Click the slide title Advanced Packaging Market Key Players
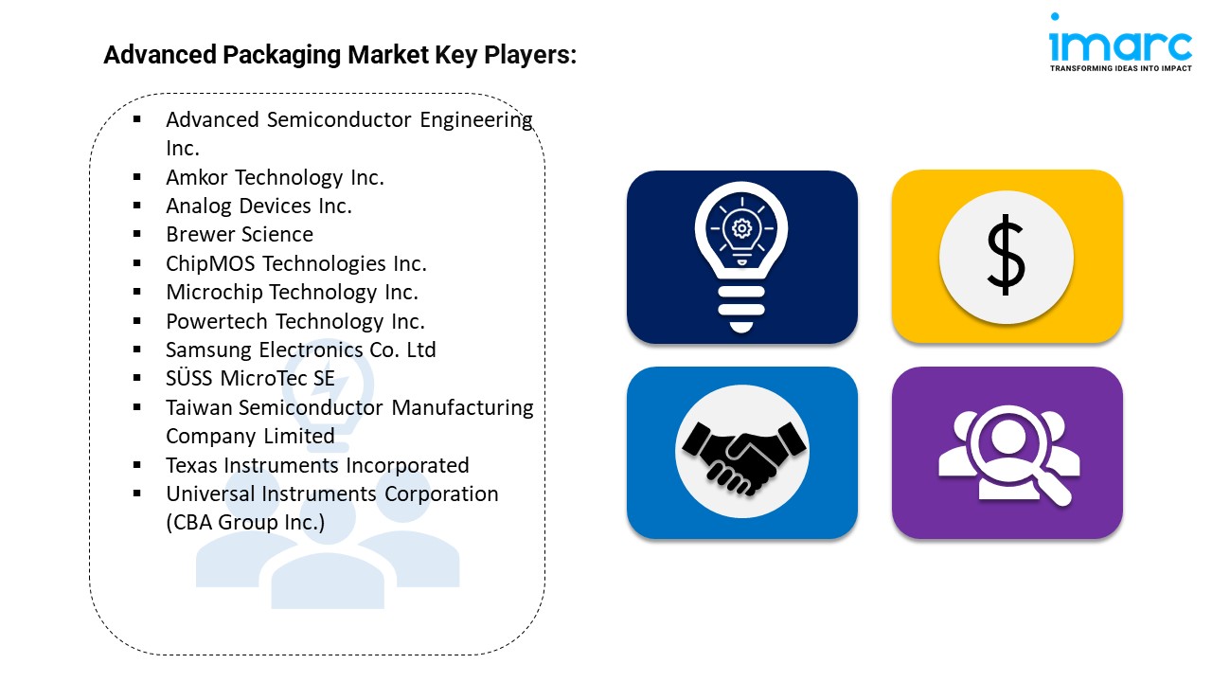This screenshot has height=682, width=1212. point(340,55)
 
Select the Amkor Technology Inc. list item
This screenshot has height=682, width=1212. point(275,177)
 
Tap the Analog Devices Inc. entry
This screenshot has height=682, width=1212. point(258,206)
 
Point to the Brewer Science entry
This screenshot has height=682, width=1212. point(240,234)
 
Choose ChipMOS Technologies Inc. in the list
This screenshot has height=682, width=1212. point(296,263)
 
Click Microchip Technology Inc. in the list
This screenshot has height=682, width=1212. point(292,292)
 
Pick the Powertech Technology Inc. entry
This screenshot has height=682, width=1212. point(295,321)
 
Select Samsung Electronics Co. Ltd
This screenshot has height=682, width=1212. point(301,350)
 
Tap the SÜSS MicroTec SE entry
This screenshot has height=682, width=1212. point(250,378)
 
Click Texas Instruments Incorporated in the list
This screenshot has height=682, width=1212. point(317,465)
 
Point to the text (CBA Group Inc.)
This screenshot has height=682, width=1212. point(245,522)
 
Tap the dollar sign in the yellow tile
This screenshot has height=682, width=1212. point(1006,257)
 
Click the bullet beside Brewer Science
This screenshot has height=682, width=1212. point(137,234)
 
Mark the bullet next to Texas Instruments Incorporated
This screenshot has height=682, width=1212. point(137,465)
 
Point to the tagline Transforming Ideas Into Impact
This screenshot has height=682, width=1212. point(1120,68)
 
